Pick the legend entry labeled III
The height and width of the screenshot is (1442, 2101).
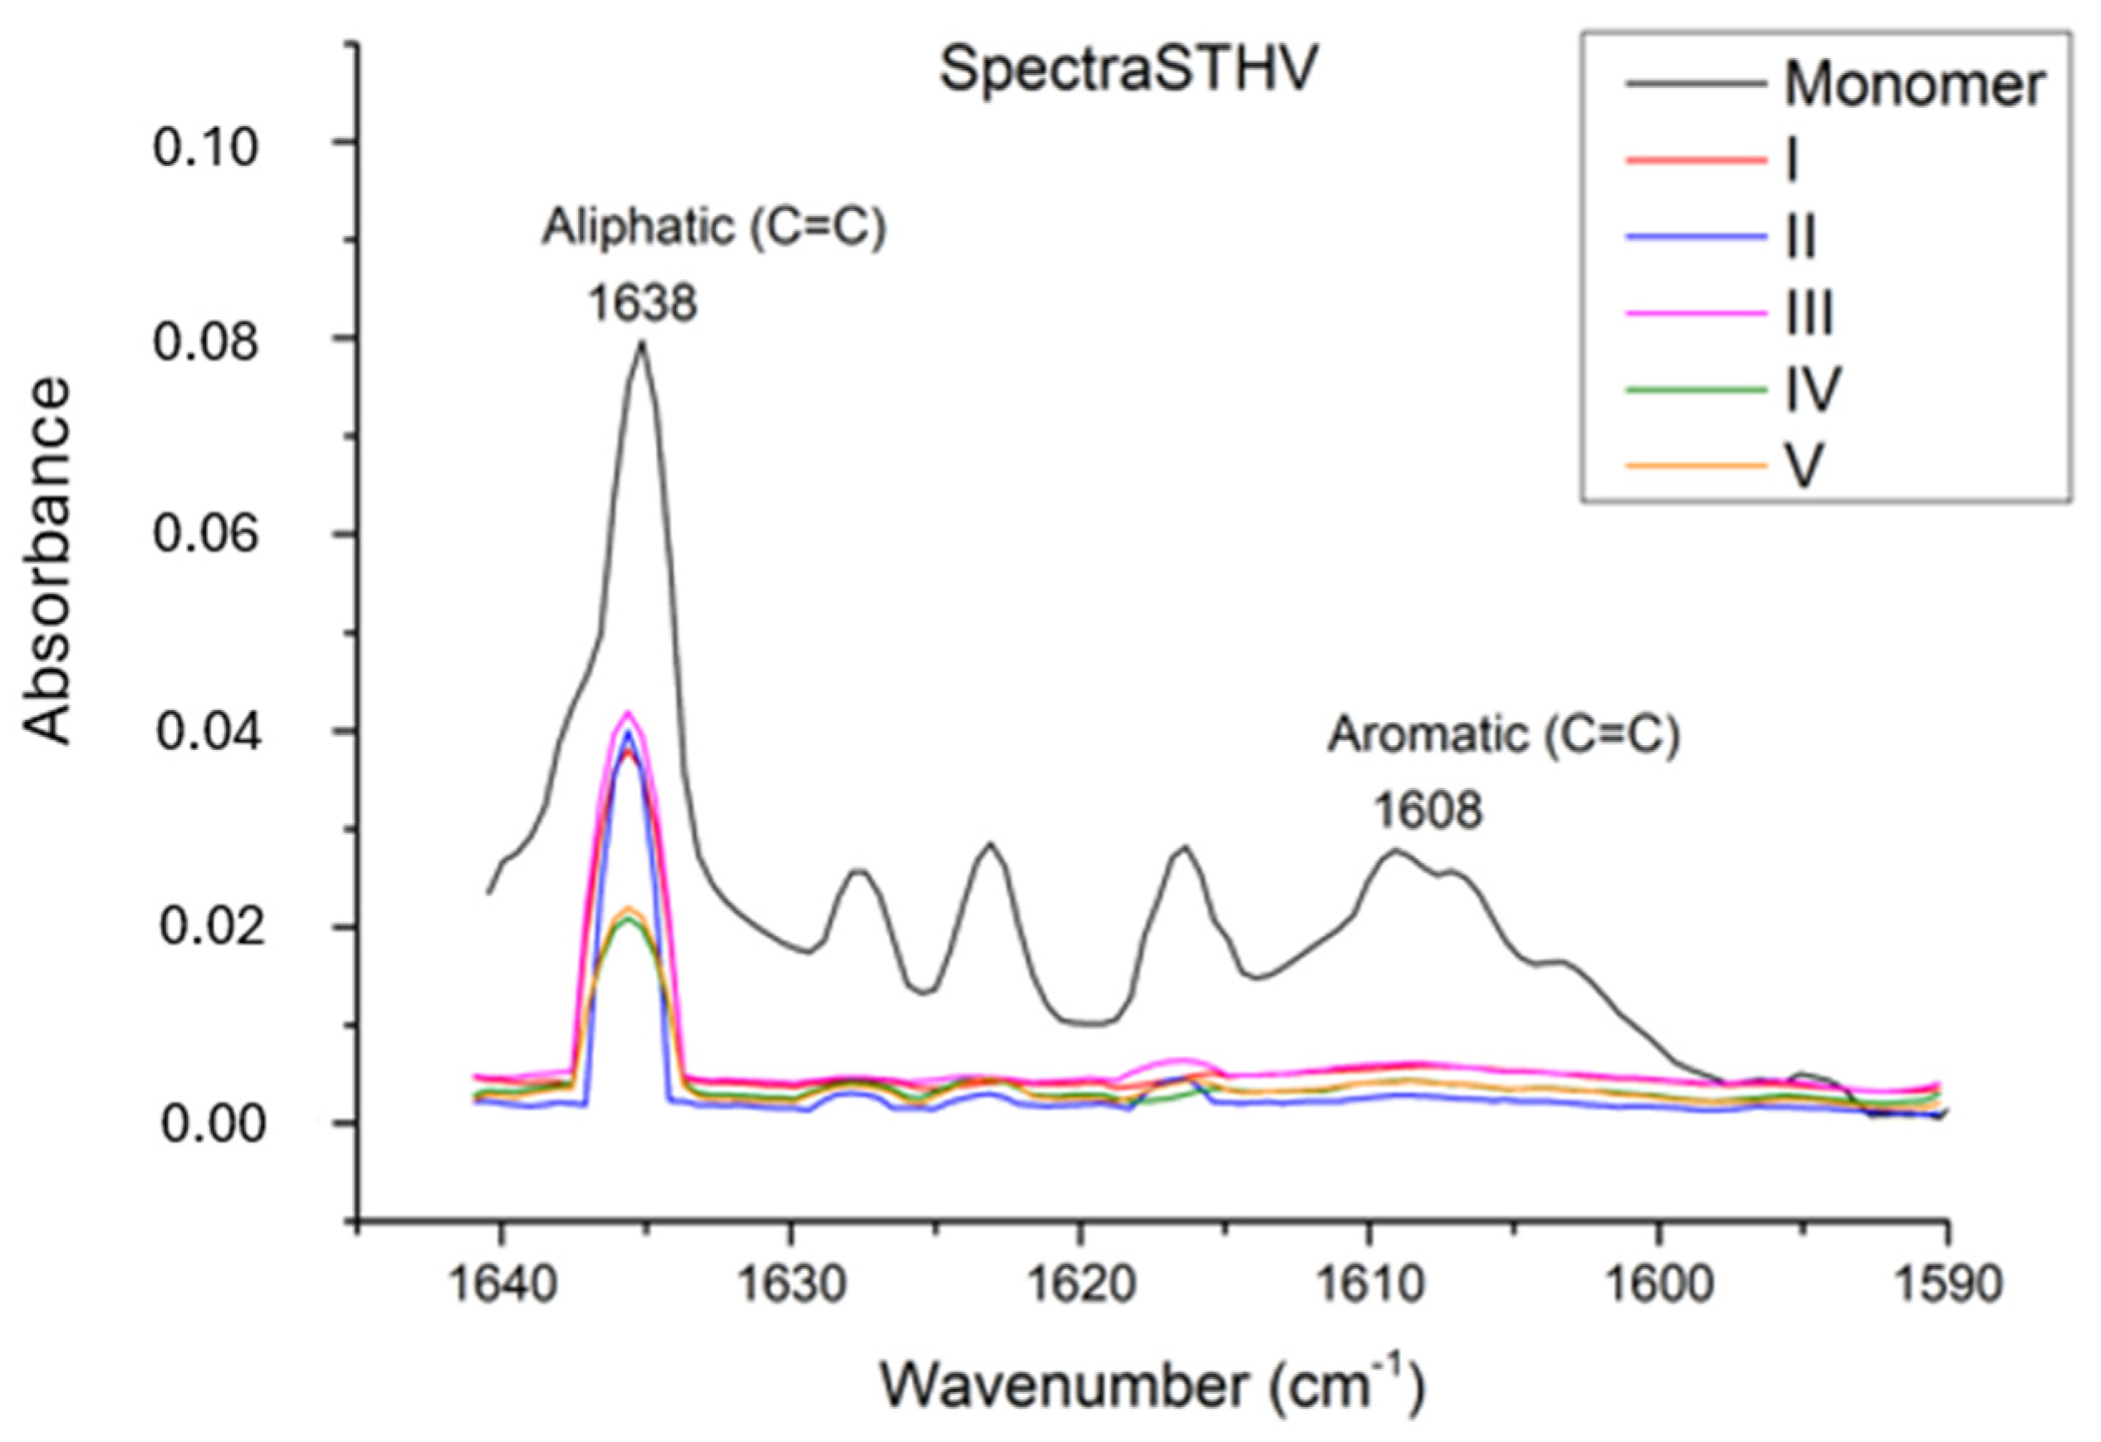(x=1808, y=314)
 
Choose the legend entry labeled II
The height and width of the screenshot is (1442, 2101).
(x=1801, y=238)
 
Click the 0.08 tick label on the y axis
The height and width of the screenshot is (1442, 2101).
(x=206, y=341)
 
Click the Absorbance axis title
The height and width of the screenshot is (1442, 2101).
(x=47, y=561)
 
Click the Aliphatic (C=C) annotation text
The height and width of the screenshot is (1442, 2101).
(x=714, y=228)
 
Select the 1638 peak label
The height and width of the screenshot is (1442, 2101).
(x=643, y=303)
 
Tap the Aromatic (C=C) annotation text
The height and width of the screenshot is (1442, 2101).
(x=1503, y=735)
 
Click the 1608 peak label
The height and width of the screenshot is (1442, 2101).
(x=1428, y=810)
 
